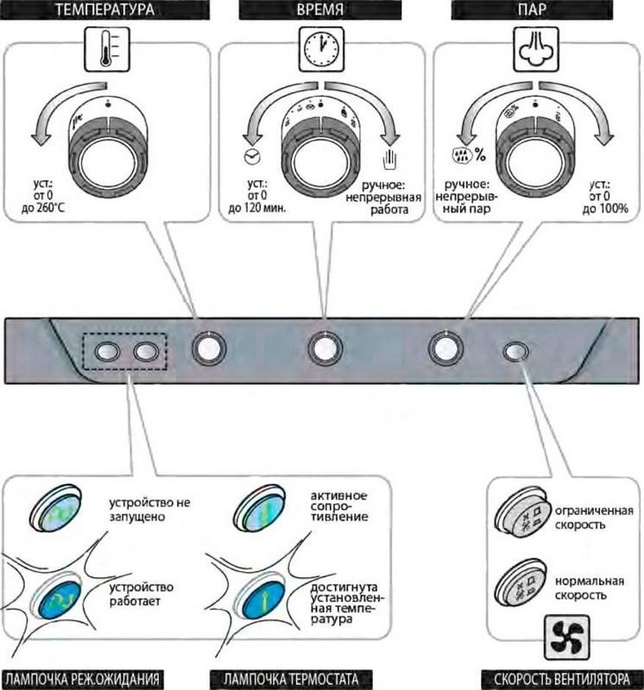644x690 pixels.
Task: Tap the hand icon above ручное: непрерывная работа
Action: tap(387, 161)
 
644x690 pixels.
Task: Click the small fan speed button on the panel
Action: tap(515, 352)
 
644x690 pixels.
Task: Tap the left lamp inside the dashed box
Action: tap(109, 351)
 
